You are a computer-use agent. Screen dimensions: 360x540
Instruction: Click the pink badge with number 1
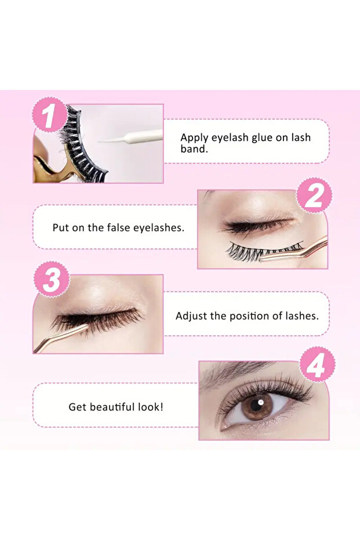pyautogui.click(x=49, y=115)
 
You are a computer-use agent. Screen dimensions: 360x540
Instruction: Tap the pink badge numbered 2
pyautogui.click(x=314, y=195)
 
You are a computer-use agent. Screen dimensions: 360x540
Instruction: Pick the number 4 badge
pyautogui.click(x=317, y=364)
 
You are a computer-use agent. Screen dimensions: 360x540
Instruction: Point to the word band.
pyautogui.click(x=194, y=148)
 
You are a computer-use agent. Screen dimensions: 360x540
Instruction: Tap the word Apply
pyautogui.click(x=194, y=138)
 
